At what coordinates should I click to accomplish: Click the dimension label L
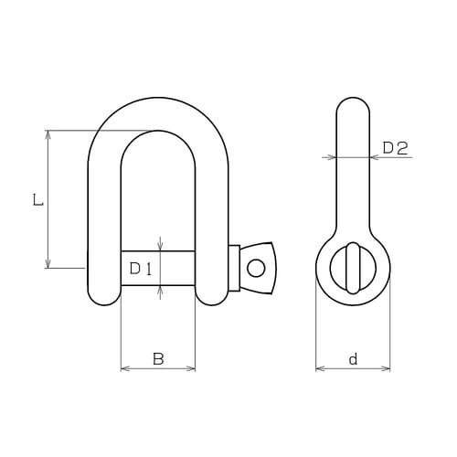[36, 199]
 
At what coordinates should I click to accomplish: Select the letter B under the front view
[157, 359]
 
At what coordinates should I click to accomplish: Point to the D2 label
[394, 147]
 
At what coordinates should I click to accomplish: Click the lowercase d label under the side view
[353, 360]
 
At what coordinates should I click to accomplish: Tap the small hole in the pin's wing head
[257, 268]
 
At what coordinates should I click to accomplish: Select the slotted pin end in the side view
[353, 267]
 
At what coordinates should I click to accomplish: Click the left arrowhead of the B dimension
[125, 368]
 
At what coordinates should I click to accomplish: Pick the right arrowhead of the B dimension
[191, 368]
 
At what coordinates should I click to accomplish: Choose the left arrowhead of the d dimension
[320, 369]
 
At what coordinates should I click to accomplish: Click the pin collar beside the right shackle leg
[234, 268]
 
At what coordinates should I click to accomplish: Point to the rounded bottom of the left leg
[104, 298]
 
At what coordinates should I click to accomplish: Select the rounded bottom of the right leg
[211, 298]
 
